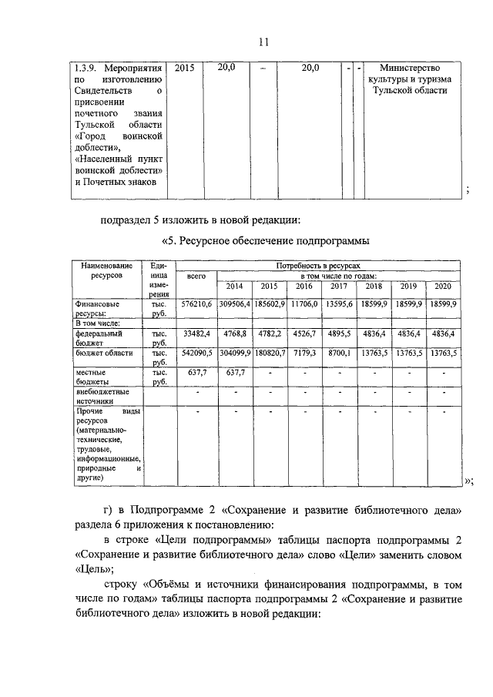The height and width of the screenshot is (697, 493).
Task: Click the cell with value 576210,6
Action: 196,305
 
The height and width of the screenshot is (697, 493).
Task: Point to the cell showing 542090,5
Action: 196,353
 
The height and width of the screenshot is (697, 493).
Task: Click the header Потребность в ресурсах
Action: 318,264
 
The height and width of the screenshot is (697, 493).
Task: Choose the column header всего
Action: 196,276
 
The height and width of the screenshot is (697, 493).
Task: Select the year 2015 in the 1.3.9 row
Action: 185,69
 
